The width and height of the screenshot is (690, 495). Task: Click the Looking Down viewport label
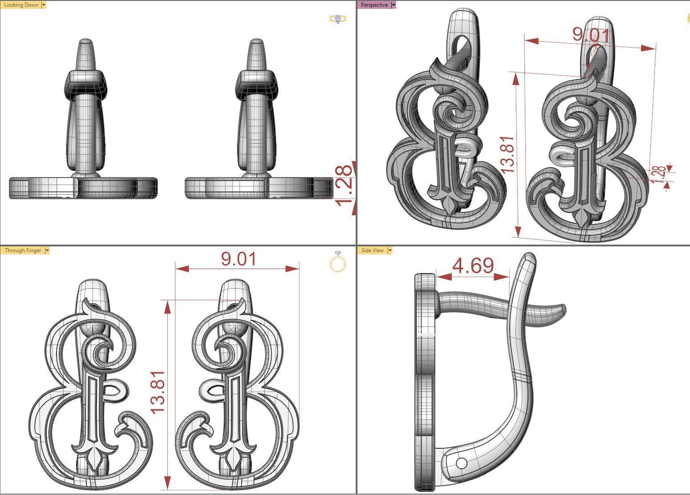click(x=20, y=5)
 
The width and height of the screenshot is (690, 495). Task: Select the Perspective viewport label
click(x=374, y=5)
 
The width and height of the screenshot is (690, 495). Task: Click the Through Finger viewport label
click(x=23, y=250)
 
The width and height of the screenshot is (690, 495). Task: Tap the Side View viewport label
click(x=372, y=250)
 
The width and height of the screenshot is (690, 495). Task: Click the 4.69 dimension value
click(x=473, y=266)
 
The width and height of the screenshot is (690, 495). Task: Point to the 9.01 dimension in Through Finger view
click(x=239, y=259)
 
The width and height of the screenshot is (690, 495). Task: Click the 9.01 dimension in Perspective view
click(x=591, y=35)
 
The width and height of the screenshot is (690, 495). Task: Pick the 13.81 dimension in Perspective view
click(x=507, y=155)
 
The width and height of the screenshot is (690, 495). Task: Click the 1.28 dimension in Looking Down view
click(x=345, y=186)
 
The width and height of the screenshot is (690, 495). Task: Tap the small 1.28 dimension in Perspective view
click(x=659, y=175)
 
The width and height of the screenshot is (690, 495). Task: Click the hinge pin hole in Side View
click(x=462, y=463)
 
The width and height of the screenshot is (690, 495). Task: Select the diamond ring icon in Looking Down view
click(x=338, y=19)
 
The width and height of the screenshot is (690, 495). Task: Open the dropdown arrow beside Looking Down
click(x=43, y=5)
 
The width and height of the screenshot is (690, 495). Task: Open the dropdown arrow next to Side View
click(x=390, y=250)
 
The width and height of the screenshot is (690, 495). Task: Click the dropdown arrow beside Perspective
click(x=393, y=5)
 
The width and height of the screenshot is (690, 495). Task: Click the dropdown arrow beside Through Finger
click(x=47, y=250)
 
